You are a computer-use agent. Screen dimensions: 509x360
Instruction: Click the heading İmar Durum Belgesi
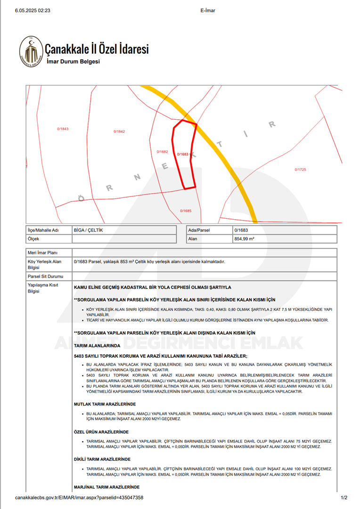tap(73, 62)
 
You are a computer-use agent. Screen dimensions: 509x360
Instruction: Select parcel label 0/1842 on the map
tap(119, 131)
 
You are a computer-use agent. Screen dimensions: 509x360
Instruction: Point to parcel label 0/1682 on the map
tap(162, 152)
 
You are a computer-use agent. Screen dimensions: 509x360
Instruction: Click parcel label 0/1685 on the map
tap(186, 211)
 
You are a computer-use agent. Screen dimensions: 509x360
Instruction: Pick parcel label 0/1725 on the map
tap(300, 170)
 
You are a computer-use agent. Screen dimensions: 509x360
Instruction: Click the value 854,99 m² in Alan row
tap(244, 239)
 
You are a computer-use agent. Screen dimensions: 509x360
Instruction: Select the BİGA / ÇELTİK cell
tap(88, 230)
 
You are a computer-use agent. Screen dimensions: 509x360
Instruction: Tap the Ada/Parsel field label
tap(199, 230)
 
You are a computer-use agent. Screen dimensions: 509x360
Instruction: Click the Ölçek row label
tap(33, 239)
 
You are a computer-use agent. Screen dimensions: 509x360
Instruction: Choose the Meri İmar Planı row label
tap(42, 253)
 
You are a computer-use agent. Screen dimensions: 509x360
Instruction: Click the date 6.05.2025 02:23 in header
tap(33, 10)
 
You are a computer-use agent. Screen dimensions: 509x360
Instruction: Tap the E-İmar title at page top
tap(208, 10)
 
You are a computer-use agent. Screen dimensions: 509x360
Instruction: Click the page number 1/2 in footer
tap(344, 498)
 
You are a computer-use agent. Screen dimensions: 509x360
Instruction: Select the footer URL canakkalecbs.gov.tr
tap(79, 498)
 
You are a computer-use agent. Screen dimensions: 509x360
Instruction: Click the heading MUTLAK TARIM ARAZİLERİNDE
tap(105, 404)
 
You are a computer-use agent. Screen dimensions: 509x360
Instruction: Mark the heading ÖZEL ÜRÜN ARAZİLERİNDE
tap(101, 432)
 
